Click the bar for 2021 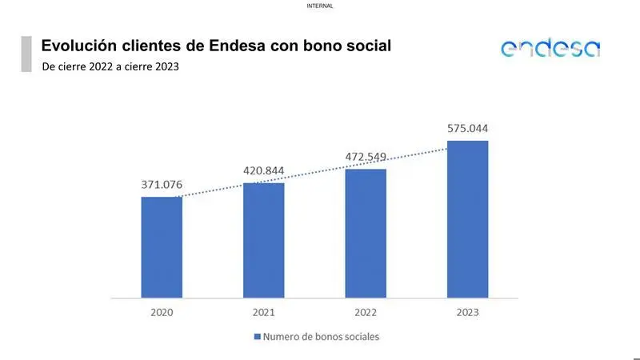[x=263, y=240]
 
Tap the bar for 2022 [x=366, y=233]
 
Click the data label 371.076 [x=162, y=185]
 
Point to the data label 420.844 [x=263, y=171]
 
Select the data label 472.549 [x=366, y=157]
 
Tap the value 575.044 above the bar [x=467, y=128]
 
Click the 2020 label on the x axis [x=162, y=312]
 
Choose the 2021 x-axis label [x=263, y=312]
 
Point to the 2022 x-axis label [x=366, y=312]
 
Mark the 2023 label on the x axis [x=467, y=312]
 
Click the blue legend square [x=257, y=337]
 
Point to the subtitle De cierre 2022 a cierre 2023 [x=110, y=66]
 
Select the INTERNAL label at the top [x=320, y=6]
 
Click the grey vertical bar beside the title [x=26, y=54]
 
